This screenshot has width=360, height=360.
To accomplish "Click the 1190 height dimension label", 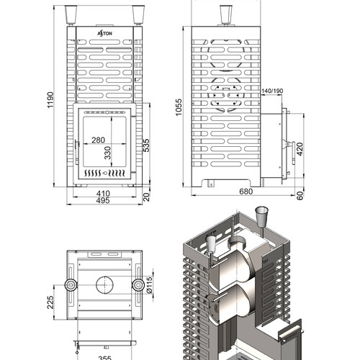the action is click(x=50, y=100).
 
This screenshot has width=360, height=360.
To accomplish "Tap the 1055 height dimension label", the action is click(x=179, y=107).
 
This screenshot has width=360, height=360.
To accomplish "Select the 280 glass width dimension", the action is click(x=98, y=140).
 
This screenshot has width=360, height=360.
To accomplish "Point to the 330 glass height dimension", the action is click(x=108, y=153).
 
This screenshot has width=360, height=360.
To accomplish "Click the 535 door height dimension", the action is click(x=146, y=145).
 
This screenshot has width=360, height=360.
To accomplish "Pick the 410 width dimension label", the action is click(x=103, y=194).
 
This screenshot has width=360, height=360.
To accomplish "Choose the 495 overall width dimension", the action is click(x=103, y=200).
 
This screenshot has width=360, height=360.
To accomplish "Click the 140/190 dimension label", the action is click(x=272, y=91).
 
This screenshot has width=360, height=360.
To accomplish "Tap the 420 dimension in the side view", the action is click(x=300, y=149).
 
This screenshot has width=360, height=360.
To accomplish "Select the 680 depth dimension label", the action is click(x=246, y=192).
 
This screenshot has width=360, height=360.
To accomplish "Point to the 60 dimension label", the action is click(x=300, y=196).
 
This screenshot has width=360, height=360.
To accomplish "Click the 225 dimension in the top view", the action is click(x=50, y=302).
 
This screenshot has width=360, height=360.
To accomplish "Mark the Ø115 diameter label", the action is click(x=149, y=285).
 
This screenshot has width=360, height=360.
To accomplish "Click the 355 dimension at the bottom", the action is click(x=105, y=358).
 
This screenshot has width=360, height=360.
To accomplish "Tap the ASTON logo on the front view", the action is click(x=104, y=33).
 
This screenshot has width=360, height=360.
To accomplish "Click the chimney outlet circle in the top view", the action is click(x=104, y=284).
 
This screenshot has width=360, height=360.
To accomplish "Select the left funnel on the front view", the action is click(x=71, y=15).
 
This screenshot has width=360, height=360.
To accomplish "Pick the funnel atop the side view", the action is click(x=226, y=15).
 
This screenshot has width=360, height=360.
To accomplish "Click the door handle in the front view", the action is click(x=77, y=153).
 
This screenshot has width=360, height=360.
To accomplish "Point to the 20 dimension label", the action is click(x=146, y=197).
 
